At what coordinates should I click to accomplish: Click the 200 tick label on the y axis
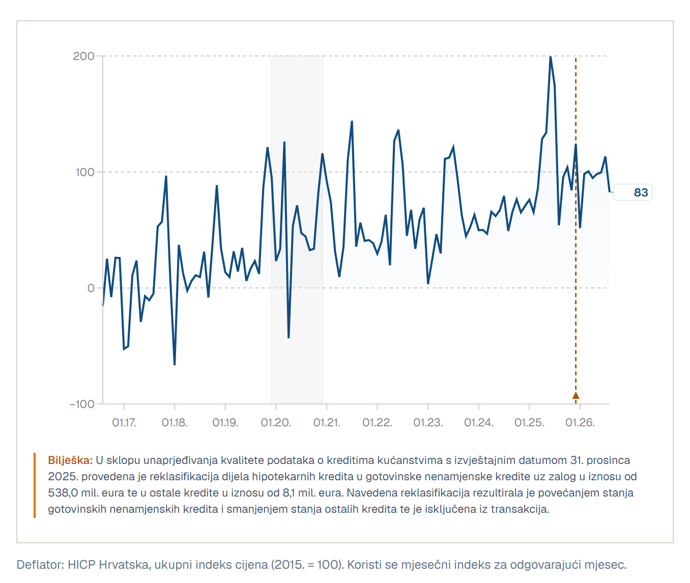[83, 56]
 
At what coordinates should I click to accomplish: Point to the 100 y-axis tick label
[85, 172]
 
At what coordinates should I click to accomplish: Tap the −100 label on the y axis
[82, 404]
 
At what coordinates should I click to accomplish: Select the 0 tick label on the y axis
[91, 288]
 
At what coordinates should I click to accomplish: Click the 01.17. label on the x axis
[124, 422]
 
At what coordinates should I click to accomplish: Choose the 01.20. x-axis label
[276, 422]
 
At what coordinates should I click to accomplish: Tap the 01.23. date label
[428, 422]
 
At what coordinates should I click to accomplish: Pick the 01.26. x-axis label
[580, 422]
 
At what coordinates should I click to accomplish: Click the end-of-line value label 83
[641, 192]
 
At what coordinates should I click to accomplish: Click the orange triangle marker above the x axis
[576, 396]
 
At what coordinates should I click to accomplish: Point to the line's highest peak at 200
[550, 57]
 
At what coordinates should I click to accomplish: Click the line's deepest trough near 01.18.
[175, 364]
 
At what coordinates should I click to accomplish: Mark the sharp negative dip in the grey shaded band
[289, 337]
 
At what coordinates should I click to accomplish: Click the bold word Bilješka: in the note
[70, 460]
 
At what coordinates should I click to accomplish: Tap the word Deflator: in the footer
[40, 565]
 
